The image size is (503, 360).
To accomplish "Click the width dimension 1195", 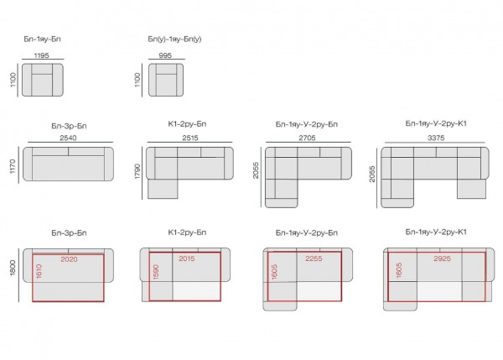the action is (41, 55).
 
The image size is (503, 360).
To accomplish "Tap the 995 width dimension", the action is (165, 55).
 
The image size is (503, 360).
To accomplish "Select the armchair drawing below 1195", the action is (43, 80).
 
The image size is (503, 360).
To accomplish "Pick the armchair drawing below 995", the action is (166, 80).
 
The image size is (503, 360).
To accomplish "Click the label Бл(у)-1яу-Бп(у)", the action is (174, 39).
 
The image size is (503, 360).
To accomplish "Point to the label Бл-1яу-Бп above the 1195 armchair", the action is (43, 39).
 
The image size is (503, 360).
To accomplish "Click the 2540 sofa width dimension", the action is (68, 138).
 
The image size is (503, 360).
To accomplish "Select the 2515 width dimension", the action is (190, 138).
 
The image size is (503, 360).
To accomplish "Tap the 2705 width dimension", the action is (307, 138).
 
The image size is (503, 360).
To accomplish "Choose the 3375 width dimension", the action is (436, 138).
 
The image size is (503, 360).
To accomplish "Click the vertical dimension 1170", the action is (13, 166).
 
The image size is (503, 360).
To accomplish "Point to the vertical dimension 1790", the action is (137, 171).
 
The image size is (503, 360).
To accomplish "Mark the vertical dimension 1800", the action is (13, 268).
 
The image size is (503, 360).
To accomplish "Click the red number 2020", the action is (69, 259).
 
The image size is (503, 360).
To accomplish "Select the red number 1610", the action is (39, 271).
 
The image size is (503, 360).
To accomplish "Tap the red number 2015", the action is (187, 258).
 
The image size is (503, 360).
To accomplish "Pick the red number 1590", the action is (156, 272).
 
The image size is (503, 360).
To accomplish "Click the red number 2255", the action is (314, 258).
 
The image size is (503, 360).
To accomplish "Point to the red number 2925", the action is (443, 258).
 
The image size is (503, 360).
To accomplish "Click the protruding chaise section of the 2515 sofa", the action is (163, 189).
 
